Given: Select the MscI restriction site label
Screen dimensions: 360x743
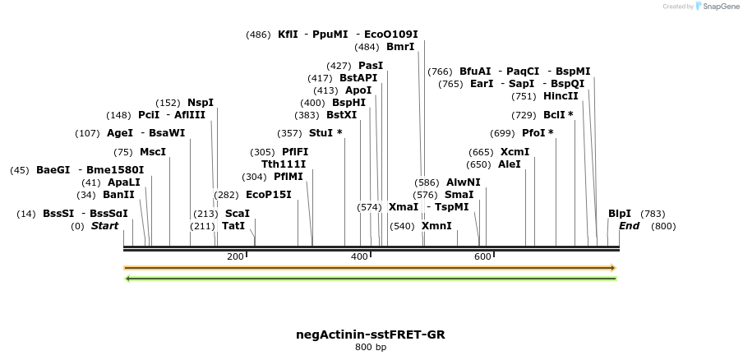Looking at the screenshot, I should click(152, 152).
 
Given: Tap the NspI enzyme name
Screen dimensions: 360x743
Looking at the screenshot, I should click(200, 103).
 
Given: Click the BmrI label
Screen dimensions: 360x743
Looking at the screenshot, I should click(400, 47).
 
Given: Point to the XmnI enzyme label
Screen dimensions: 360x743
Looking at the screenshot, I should click(436, 225).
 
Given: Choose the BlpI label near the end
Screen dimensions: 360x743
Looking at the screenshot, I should click(620, 214).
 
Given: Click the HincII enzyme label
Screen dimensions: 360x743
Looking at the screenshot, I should click(561, 96).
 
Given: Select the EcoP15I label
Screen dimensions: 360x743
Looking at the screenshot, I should click(269, 195).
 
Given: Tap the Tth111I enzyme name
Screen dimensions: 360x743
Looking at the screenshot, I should click(284, 164).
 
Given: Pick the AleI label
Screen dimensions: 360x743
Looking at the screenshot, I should click(510, 164).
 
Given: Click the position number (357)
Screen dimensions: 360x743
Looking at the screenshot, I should click(289, 132).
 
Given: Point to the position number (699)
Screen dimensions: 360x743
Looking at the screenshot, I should click(502, 132).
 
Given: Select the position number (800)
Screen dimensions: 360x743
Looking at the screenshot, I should click(663, 226).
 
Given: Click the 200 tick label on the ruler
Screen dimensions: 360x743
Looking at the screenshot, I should click(235, 257).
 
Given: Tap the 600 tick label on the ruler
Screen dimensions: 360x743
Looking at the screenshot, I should click(482, 257).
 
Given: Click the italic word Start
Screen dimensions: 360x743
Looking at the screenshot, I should click(104, 226).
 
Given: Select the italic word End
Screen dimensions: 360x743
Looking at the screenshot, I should click(629, 226).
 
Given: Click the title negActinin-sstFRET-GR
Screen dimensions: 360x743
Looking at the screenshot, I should click(371, 335).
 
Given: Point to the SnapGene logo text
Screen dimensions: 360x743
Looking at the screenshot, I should click(717, 7).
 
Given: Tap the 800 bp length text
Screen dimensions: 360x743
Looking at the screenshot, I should click(371, 348).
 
